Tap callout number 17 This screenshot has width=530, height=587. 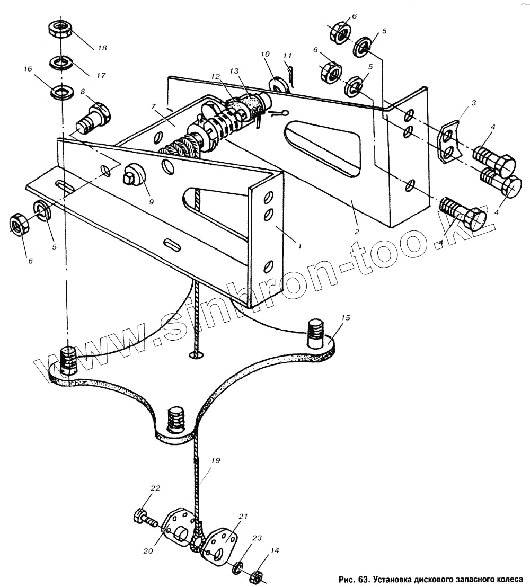[101, 76]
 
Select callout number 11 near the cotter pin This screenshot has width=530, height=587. [287, 55]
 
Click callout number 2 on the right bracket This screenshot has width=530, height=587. [357, 232]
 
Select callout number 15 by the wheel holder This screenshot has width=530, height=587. [346, 318]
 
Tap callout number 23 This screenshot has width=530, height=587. [257, 538]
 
